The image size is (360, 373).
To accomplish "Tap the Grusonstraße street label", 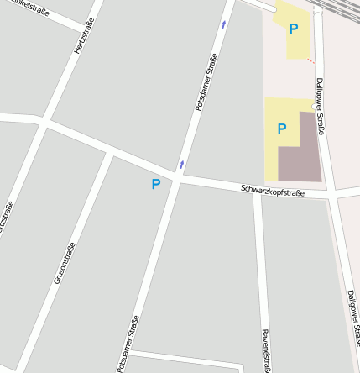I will [x=65, y=261].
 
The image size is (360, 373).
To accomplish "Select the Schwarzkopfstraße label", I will [x=273, y=191].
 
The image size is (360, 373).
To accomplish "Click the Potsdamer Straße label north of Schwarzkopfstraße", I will [x=206, y=82].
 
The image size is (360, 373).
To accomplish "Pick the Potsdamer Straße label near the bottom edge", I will [x=128, y=344].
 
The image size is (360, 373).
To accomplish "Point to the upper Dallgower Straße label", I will [x=321, y=107].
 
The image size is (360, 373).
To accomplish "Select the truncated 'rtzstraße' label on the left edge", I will [x=7, y=220].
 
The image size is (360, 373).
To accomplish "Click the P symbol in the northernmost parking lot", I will [x=293, y=29].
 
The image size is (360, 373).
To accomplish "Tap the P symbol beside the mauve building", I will [x=282, y=129].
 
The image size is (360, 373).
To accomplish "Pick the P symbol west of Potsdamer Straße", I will [x=155, y=184].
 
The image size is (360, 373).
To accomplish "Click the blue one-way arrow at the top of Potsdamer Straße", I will [x=224, y=24].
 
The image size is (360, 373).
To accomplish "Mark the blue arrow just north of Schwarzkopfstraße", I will [x=181, y=164].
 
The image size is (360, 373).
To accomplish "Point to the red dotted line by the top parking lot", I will [x=310, y=60].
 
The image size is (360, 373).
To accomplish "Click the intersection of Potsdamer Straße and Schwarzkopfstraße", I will [x=177, y=179].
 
